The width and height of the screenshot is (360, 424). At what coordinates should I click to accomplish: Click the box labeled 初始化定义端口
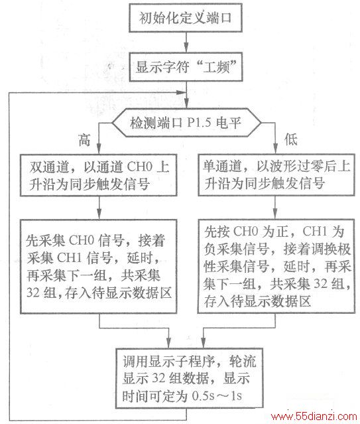click(186, 18)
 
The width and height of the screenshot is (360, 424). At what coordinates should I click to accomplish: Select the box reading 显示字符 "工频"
click(186, 67)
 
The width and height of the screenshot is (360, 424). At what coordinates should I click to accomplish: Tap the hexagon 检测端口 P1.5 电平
click(186, 123)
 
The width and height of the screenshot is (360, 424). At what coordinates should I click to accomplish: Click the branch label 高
click(84, 140)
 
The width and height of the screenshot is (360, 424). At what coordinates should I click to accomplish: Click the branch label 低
click(291, 139)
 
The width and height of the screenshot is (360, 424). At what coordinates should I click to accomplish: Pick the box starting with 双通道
click(99, 175)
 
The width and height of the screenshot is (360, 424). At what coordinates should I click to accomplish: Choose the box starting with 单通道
click(276, 175)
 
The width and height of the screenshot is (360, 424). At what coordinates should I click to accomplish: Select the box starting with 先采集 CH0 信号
click(99, 266)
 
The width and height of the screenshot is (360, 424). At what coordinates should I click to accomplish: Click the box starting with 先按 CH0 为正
click(276, 266)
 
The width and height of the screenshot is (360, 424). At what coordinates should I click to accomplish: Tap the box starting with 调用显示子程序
click(189, 378)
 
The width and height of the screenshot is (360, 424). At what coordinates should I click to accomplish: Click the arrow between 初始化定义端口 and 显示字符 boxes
click(186, 42)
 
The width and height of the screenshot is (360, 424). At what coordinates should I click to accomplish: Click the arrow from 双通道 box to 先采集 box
click(99, 208)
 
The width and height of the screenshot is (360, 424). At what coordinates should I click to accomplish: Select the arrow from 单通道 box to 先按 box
click(275, 208)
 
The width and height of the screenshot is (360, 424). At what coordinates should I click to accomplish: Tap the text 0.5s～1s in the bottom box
click(217, 396)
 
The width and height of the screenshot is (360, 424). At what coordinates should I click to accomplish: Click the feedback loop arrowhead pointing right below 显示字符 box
click(180, 92)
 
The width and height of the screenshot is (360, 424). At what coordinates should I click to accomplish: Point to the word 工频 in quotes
click(216, 68)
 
